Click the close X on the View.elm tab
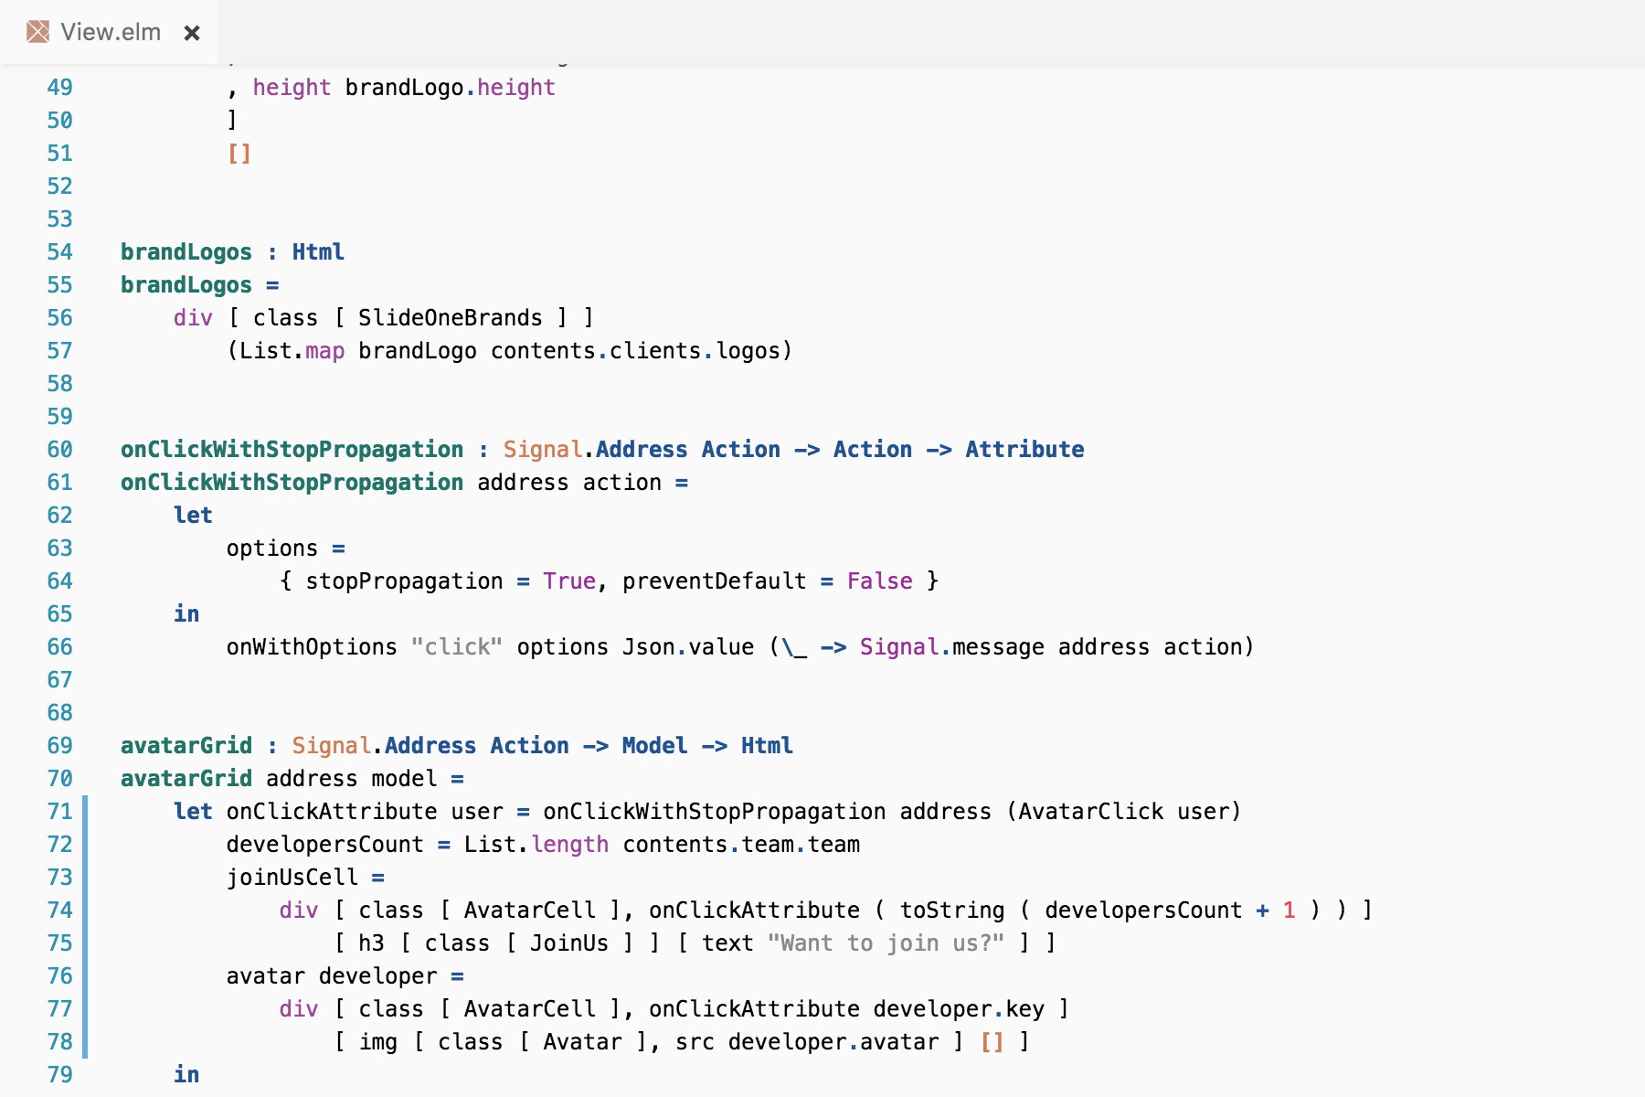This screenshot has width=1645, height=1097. pos(192,33)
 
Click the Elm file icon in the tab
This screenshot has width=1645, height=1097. pos(37,33)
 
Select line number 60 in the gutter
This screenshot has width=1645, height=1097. pos(59,450)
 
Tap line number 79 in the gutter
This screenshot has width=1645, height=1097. pos(59,1075)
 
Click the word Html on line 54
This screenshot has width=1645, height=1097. pos(318,252)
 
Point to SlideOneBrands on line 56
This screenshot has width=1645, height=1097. pos(450,318)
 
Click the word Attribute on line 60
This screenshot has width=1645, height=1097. pos(1024,450)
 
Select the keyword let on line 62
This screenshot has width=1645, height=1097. pos(193,516)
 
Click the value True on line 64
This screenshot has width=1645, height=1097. pos(568,581)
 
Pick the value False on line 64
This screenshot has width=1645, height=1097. pos(879,581)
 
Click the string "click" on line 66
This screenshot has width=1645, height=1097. pos(456,647)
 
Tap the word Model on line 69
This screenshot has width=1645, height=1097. pos(654,746)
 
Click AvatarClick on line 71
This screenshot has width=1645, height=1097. pos(1090,812)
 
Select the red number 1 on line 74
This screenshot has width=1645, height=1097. pos(1289,911)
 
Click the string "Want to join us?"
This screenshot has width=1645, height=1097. pos(886,943)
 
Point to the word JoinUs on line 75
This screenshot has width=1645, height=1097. pos(568,943)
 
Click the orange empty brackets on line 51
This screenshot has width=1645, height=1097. pos(239,154)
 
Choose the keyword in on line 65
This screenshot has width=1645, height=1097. pos(186,614)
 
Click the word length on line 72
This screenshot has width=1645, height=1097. pos(569,845)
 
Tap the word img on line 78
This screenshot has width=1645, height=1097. pos(377,1042)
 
